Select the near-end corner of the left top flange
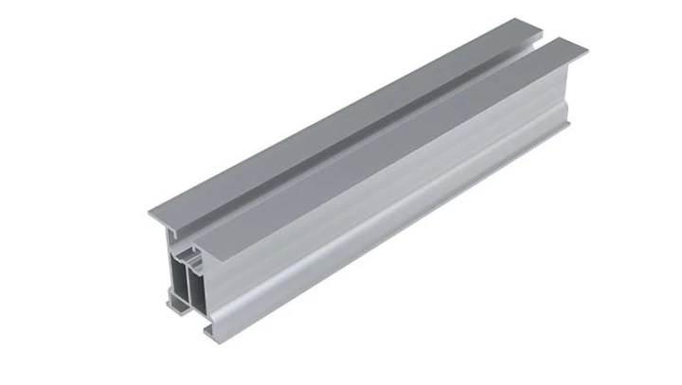pyautogui.click(x=150, y=209)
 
